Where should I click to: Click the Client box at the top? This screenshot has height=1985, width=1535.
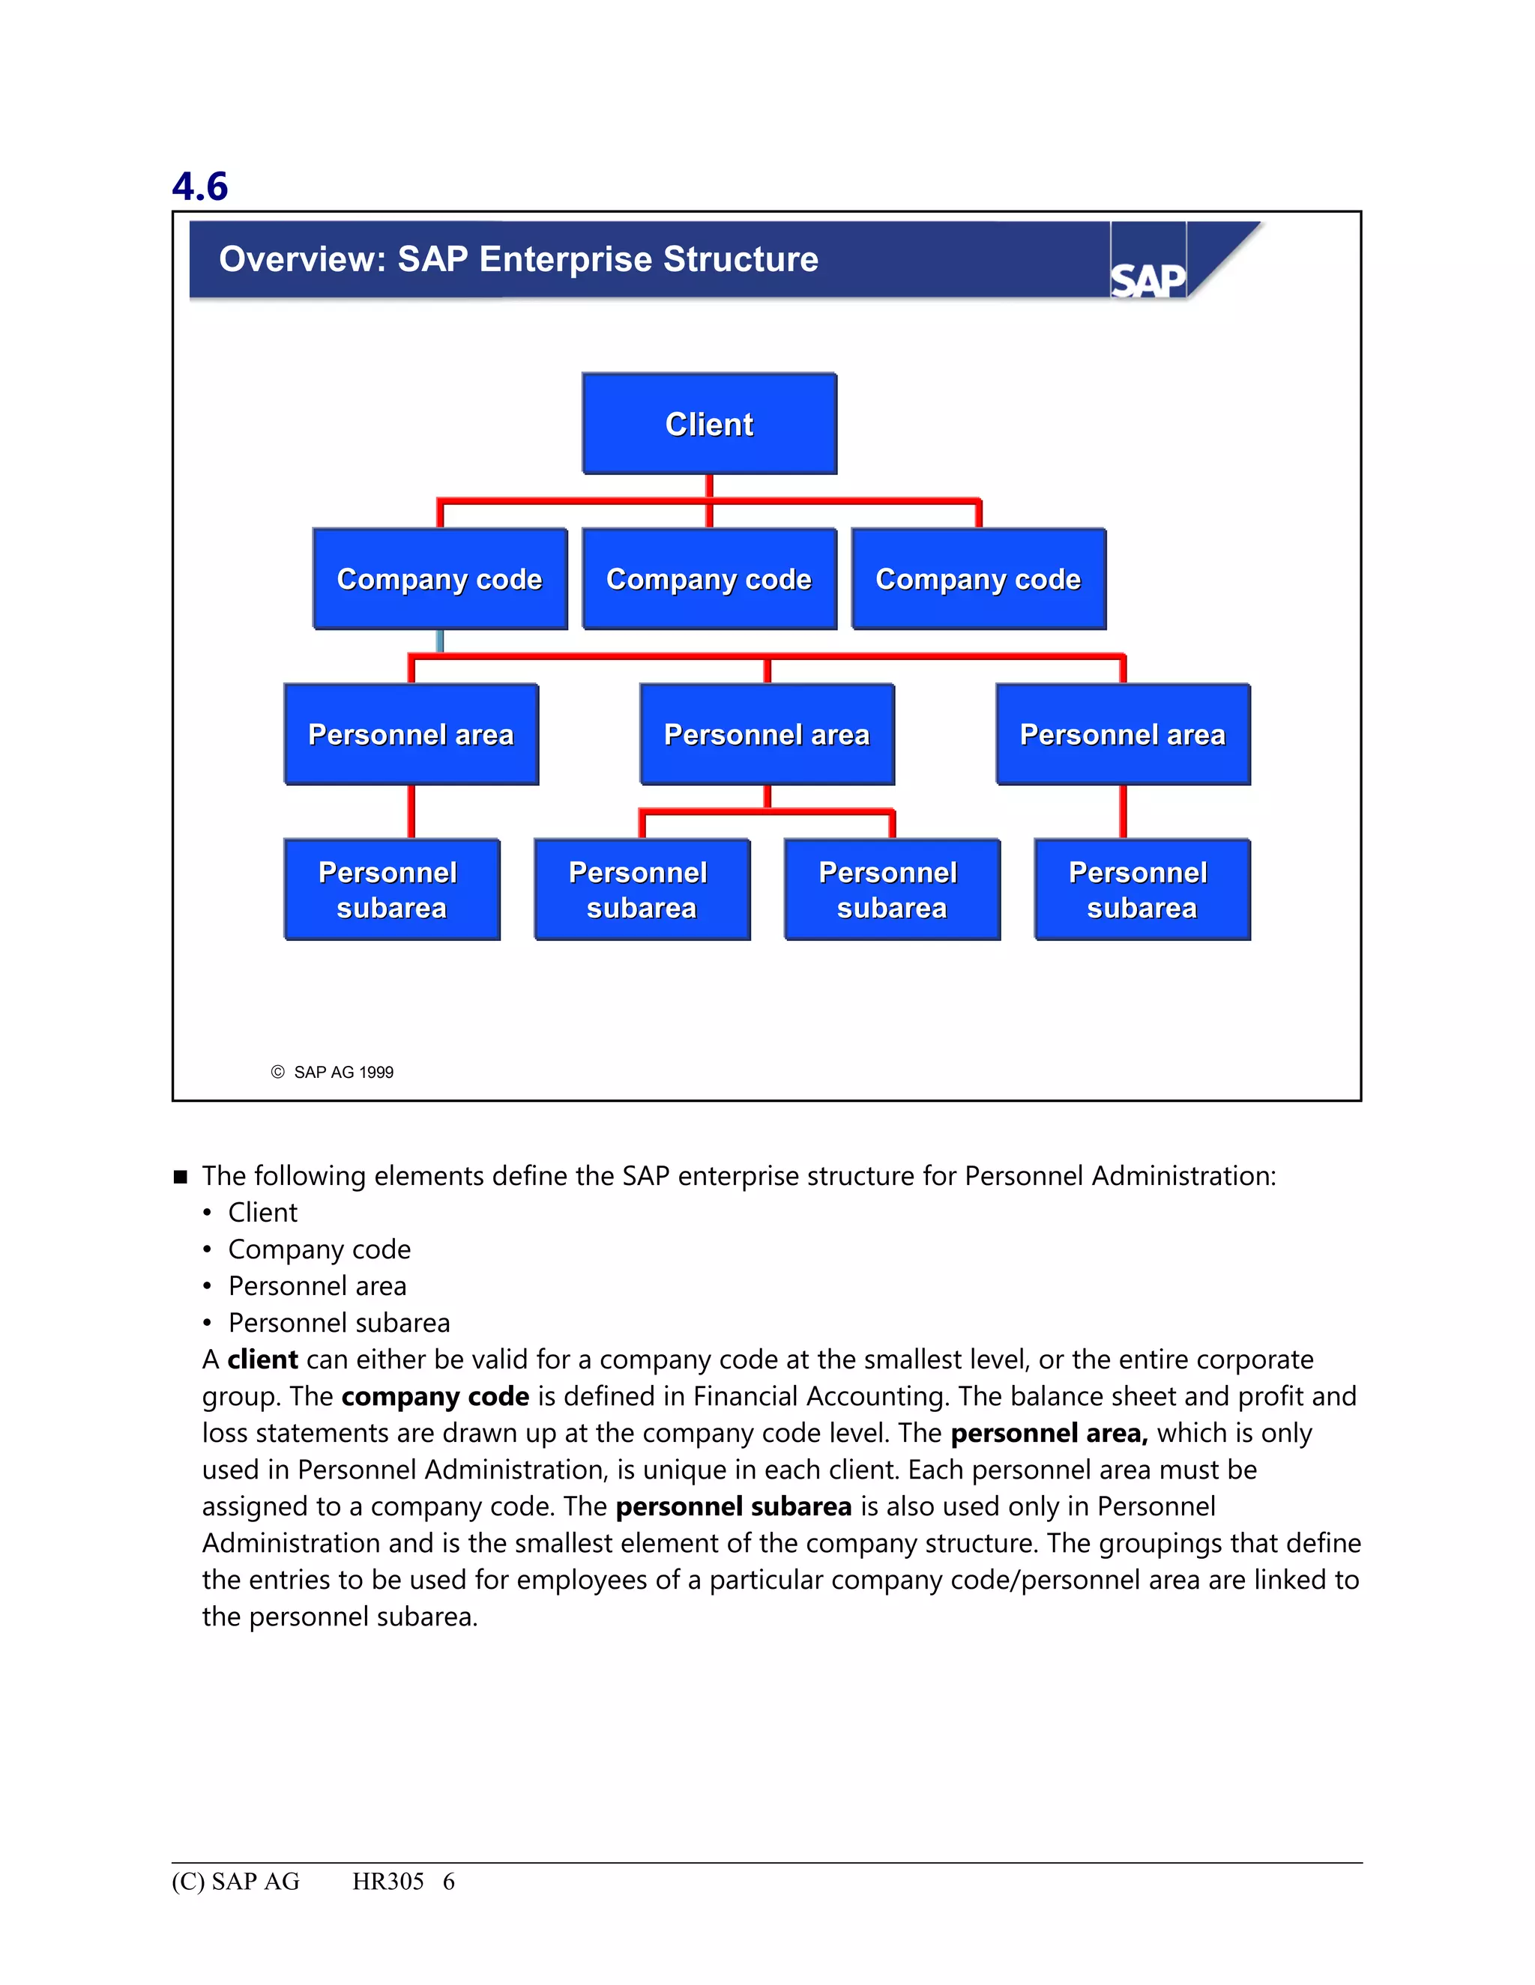(x=709, y=423)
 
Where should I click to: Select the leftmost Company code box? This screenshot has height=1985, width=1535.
(x=439, y=579)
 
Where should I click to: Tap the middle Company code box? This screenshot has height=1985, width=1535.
(x=709, y=579)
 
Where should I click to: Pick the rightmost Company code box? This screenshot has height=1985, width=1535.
(x=978, y=579)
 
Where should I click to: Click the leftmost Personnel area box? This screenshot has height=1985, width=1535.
(x=411, y=734)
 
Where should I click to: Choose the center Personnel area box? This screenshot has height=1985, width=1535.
(x=767, y=734)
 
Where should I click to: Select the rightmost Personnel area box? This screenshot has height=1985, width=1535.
(x=1123, y=734)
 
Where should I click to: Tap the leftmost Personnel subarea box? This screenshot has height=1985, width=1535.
(x=392, y=890)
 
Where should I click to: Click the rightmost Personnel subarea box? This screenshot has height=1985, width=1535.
(x=1142, y=890)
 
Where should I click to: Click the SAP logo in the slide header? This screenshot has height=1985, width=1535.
(x=1148, y=279)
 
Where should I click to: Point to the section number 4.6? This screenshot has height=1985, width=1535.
(x=200, y=187)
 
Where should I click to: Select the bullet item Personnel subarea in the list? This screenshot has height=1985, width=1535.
(x=340, y=1322)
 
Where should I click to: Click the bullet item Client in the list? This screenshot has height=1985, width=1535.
(x=263, y=1213)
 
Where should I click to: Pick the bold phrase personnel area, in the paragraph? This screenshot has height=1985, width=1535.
(x=1049, y=1433)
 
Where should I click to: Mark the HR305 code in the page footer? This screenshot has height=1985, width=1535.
(x=388, y=1882)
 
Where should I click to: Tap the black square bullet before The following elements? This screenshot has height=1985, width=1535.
(x=180, y=1177)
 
